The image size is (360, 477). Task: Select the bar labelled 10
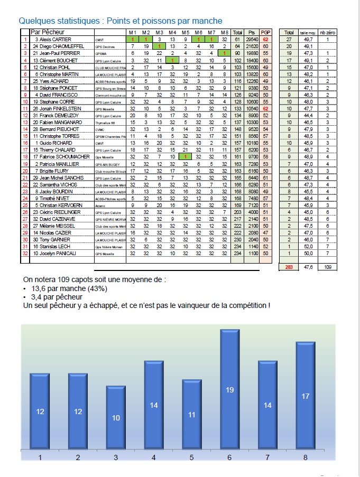tap(116, 417)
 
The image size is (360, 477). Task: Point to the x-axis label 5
tap(191, 457)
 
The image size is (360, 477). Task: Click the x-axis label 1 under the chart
tap(40, 457)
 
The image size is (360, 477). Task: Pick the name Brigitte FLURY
tap(53, 171)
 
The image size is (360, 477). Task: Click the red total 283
tap(289, 268)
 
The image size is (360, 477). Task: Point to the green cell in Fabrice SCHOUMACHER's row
tap(185, 156)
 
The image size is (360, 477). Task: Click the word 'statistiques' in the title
tap(76, 21)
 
